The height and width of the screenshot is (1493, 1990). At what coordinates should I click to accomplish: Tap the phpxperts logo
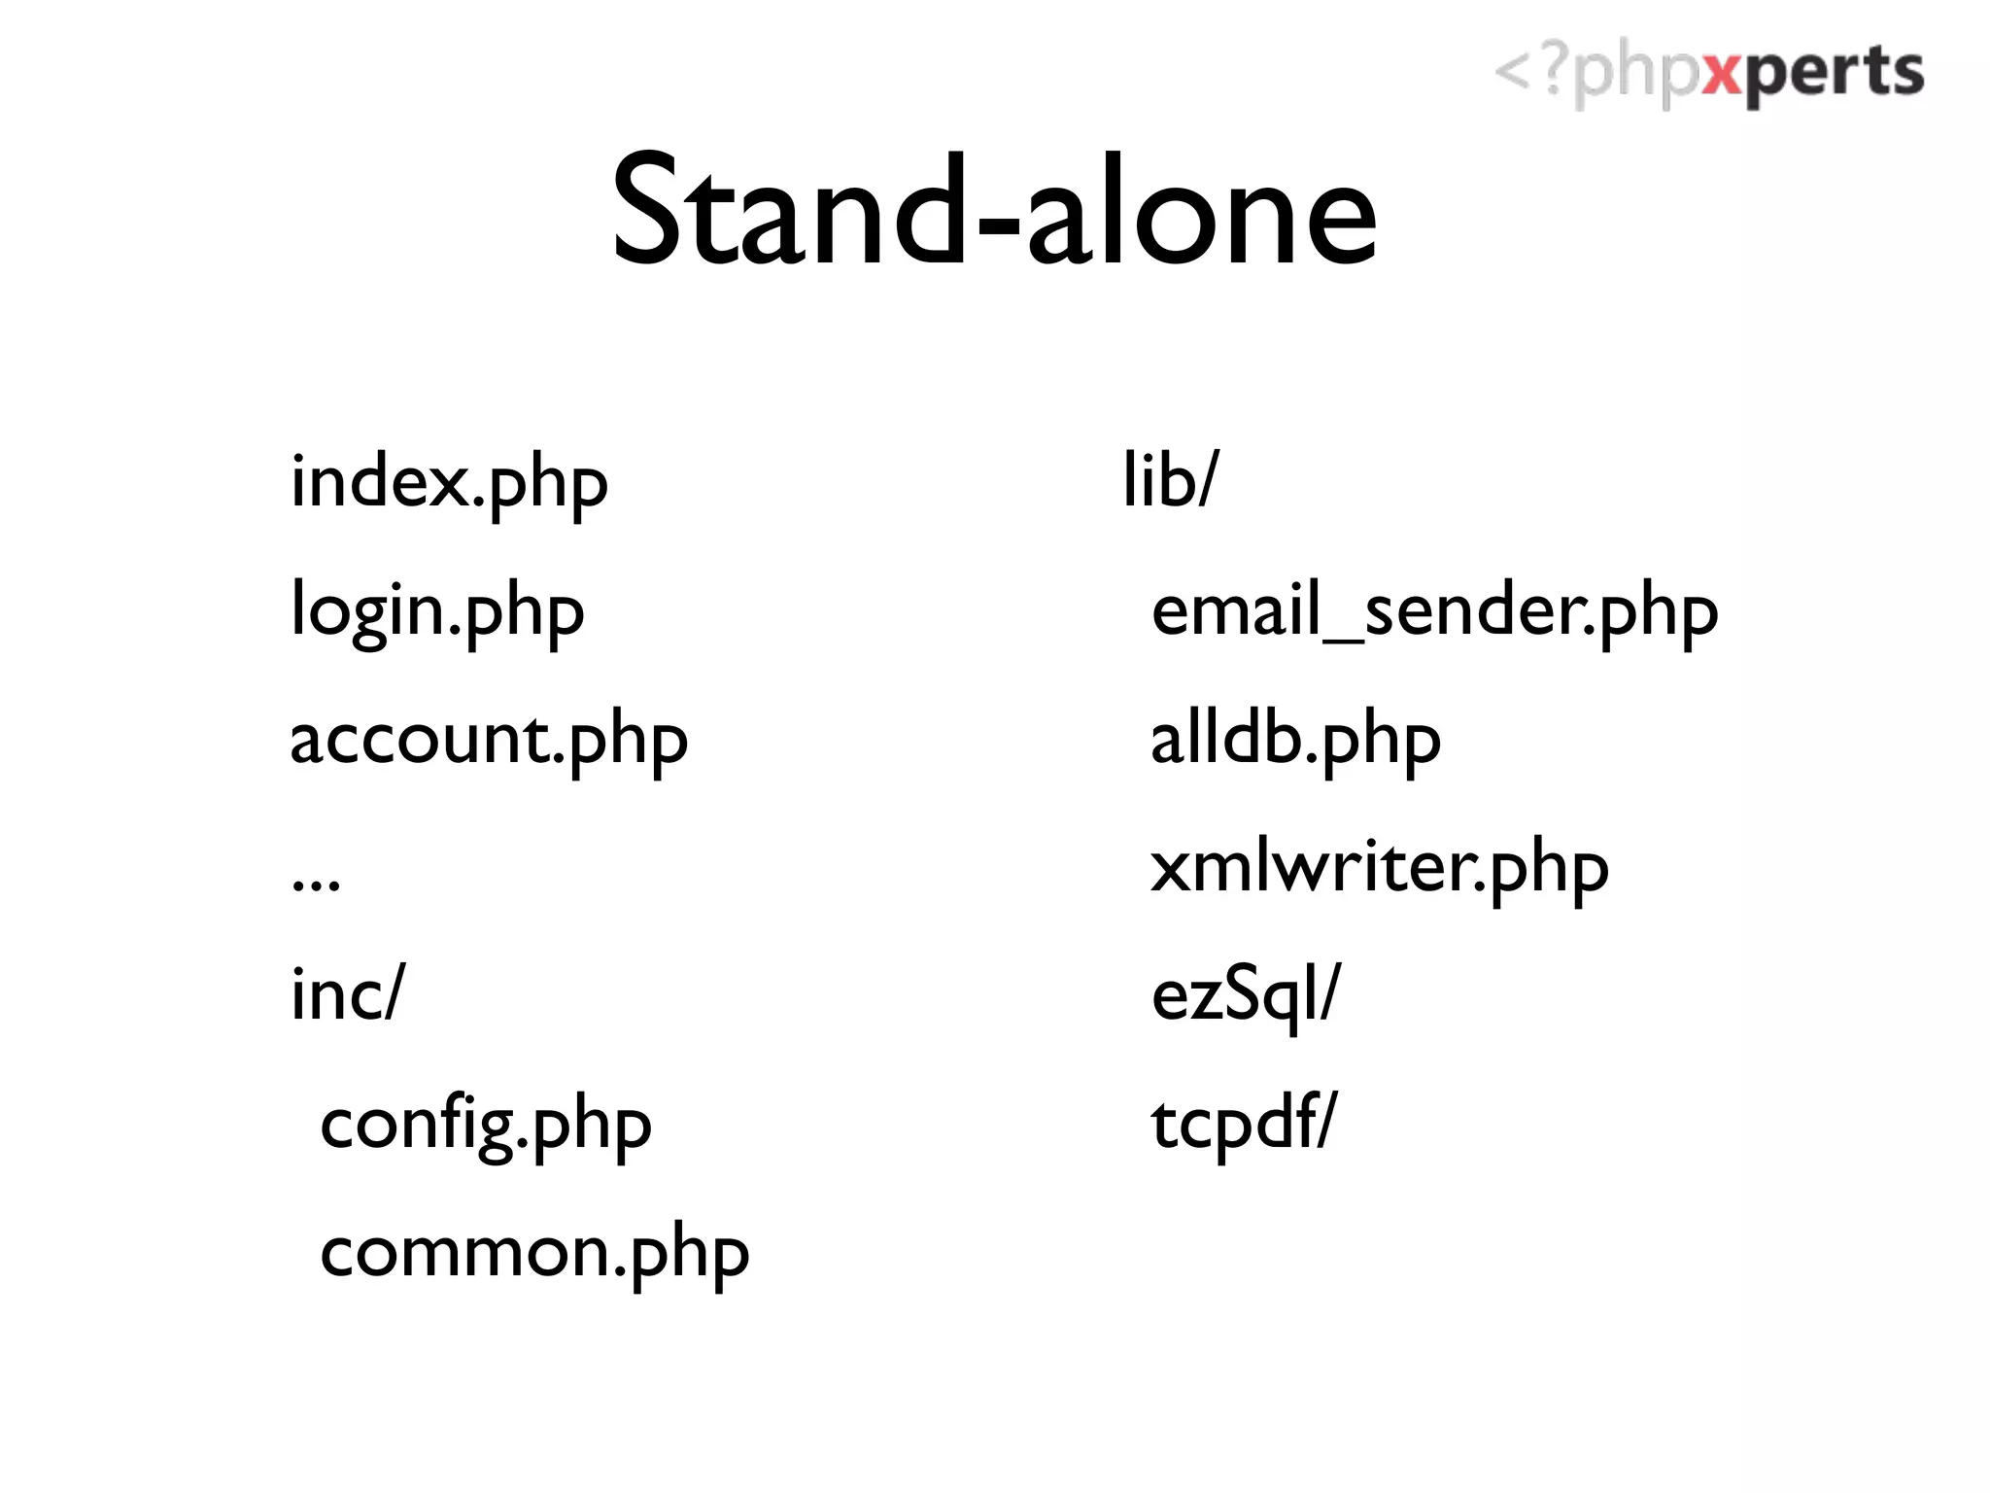[1708, 74]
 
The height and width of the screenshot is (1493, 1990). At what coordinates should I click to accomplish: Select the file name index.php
[449, 483]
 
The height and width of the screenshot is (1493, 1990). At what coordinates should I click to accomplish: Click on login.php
[437, 611]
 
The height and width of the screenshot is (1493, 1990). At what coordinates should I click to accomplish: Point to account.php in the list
[489, 740]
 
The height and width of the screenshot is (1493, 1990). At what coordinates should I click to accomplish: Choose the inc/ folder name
[347, 994]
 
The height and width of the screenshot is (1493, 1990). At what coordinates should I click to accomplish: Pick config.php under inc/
[486, 1125]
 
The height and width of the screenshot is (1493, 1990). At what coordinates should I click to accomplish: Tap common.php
[534, 1252]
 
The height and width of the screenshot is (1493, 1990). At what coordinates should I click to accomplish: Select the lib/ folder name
[1169, 480]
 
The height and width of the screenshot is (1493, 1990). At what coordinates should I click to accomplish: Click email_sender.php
[1434, 611]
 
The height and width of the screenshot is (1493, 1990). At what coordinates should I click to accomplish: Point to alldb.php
[1295, 740]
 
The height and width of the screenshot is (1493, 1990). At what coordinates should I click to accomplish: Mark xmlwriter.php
[1379, 868]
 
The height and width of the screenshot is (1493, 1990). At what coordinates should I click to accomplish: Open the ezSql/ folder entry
[1245, 994]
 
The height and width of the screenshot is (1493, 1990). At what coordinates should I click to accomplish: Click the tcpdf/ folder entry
[1244, 1123]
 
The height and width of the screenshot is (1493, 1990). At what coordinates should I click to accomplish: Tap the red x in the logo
[1725, 74]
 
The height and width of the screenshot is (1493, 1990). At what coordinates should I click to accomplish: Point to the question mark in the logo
[1555, 70]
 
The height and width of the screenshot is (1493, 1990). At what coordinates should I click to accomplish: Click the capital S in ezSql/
[1242, 992]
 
